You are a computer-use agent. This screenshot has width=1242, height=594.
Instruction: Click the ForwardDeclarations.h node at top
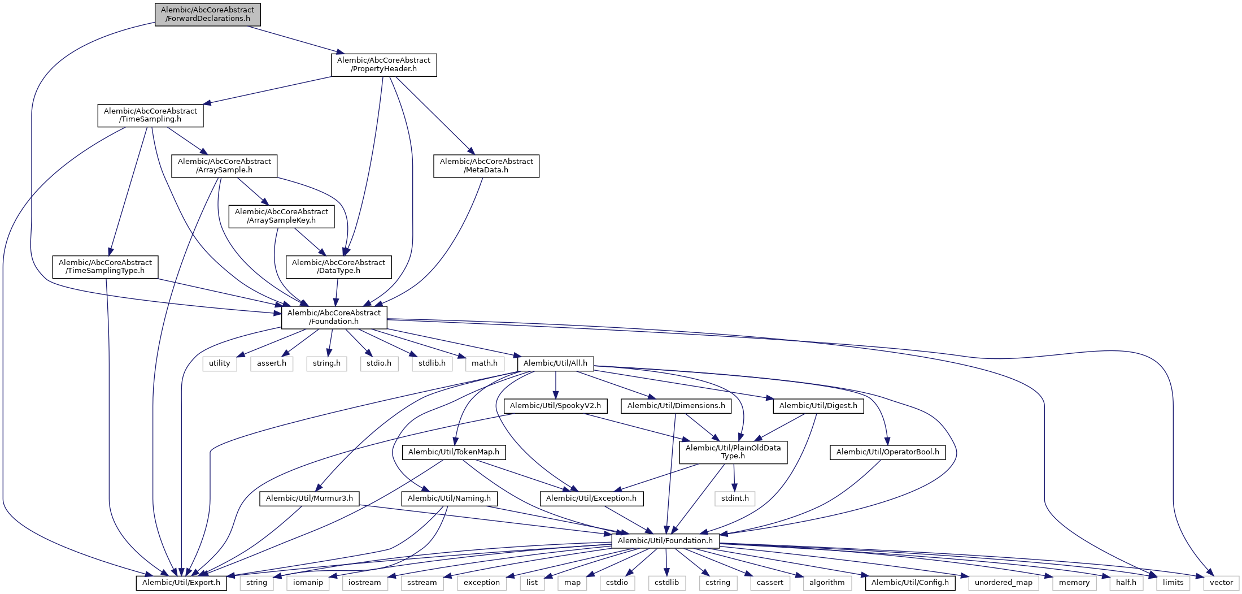click(207, 14)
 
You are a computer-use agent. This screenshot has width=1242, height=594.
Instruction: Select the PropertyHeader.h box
click(384, 64)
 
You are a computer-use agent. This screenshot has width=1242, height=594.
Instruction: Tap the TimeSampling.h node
click(150, 115)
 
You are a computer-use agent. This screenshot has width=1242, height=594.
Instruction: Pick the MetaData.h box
click(486, 166)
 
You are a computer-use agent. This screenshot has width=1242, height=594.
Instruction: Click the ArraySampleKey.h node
click(281, 216)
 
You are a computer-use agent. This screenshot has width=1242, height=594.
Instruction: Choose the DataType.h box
click(338, 267)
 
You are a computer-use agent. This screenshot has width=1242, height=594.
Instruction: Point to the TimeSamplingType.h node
click(105, 267)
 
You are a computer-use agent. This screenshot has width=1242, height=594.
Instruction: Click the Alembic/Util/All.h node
click(555, 363)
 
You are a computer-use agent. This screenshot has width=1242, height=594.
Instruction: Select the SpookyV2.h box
click(555, 406)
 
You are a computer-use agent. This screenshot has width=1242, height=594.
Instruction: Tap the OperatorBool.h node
click(887, 452)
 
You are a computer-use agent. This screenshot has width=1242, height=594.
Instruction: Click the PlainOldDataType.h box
click(733, 452)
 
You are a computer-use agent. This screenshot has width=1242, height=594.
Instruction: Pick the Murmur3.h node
click(309, 498)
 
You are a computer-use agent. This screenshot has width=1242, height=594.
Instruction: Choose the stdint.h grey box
click(735, 498)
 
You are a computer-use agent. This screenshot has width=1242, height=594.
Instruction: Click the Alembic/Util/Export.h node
click(181, 583)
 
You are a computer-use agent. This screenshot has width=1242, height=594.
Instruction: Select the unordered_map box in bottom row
click(1003, 583)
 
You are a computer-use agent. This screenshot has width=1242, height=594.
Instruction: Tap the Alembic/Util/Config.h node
click(910, 583)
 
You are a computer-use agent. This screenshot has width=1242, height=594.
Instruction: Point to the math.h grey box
click(485, 363)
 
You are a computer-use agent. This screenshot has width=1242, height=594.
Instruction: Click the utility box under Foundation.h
click(219, 363)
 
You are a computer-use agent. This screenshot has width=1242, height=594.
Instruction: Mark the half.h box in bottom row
click(1126, 583)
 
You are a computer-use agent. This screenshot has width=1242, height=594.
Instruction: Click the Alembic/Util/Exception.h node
click(591, 498)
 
